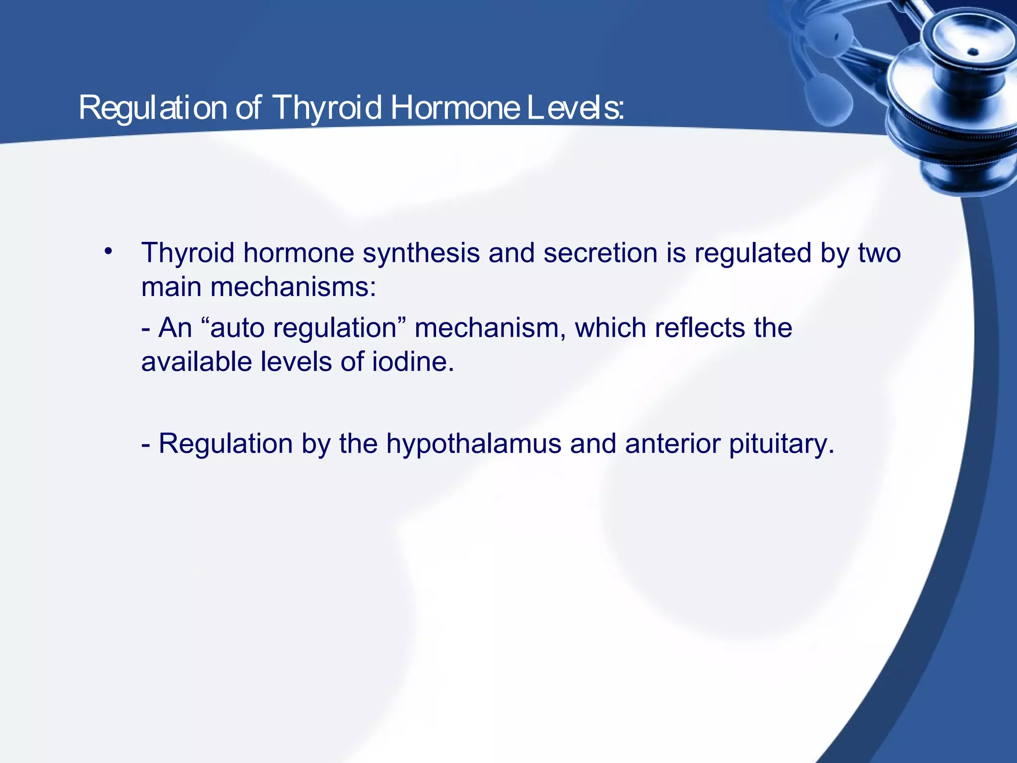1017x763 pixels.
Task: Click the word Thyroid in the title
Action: [x=327, y=108]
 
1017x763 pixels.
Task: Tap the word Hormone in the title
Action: [x=454, y=108]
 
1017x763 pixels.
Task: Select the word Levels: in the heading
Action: [x=575, y=108]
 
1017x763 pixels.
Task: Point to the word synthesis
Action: [x=421, y=253]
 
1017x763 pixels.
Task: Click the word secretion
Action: [x=600, y=253]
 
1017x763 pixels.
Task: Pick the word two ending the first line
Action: [x=879, y=253]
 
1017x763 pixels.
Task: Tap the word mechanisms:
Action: [x=293, y=287]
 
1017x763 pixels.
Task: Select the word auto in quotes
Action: [x=237, y=328]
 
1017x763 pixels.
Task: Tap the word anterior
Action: [x=672, y=444]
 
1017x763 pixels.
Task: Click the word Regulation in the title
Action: [x=152, y=108]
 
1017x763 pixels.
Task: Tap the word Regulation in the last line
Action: [x=225, y=444]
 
